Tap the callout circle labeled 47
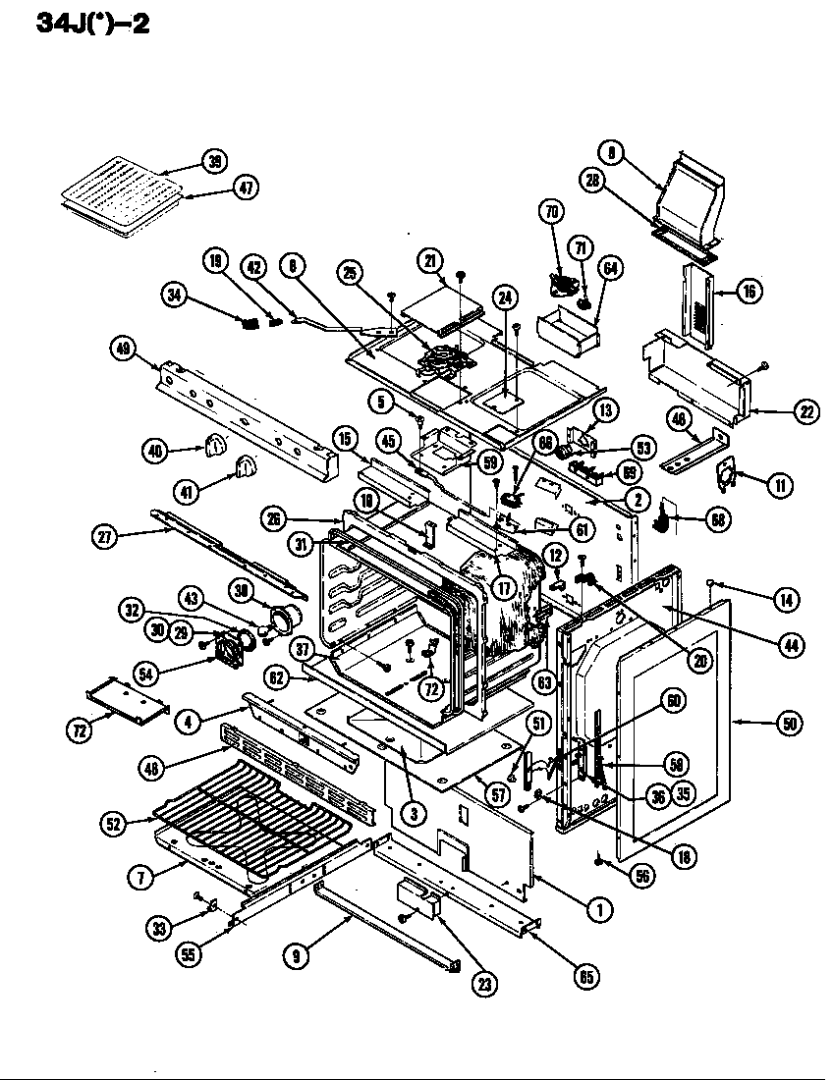click(246, 189)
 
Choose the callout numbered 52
click(115, 826)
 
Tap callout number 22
click(805, 412)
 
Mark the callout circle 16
click(750, 291)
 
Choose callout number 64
click(611, 268)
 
